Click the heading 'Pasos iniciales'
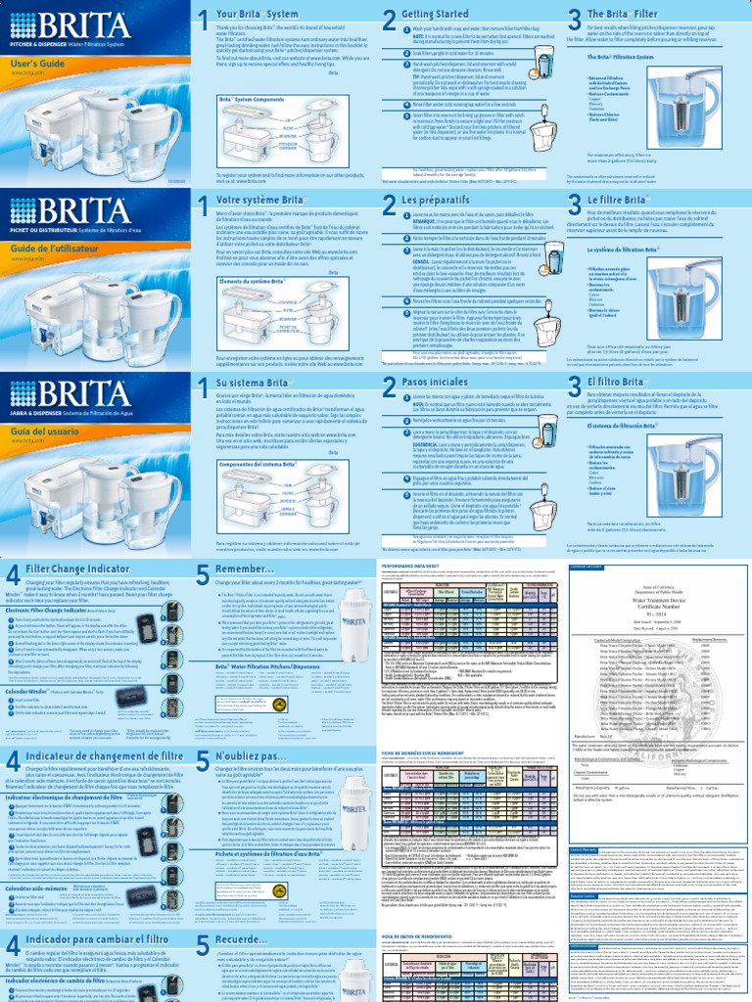click(x=422, y=386)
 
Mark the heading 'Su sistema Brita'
click(x=257, y=386)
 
